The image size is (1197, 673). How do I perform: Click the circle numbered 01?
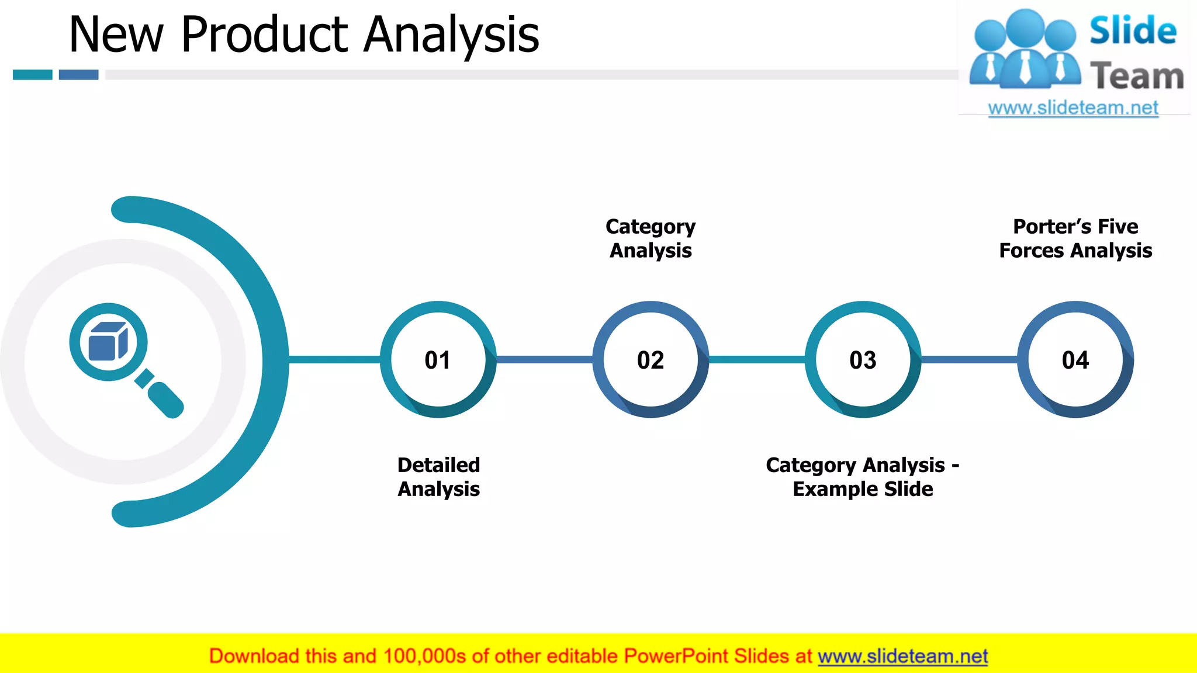click(x=438, y=359)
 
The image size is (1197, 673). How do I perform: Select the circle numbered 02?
click(x=651, y=359)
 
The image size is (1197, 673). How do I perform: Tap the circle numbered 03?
click(x=863, y=359)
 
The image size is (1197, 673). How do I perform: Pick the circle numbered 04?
click(x=1075, y=359)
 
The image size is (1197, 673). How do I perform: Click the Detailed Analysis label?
click(x=438, y=477)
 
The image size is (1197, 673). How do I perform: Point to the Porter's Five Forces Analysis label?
click(x=1075, y=238)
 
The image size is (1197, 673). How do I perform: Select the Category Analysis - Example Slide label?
click(x=863, y=477)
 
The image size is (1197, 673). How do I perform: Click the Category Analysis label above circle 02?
click(x=651, y=238)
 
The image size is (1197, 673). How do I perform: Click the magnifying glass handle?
click(x=165, y=400)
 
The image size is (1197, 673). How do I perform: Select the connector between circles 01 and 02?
click(x=544, y=359)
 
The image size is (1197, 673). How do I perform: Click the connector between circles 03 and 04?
click(x=969, y=359)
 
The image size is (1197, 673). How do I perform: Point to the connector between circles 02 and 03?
click(x=757, y=359)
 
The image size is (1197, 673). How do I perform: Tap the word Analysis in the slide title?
click(x=451, y=35)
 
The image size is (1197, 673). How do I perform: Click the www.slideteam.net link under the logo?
click(x=1073, y=108)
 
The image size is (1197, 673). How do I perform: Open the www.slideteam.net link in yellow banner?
click(x=902, y=657)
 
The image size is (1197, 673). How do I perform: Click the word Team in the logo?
click(x=1136, y=77)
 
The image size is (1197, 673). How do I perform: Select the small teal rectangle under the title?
click(x=33, y=75)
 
